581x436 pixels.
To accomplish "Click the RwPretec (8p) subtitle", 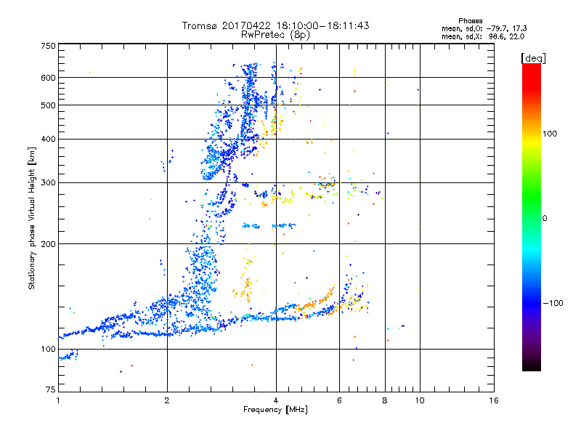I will pyautogui.click(x=276, y=35).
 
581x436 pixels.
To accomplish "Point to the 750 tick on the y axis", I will pyautogui.click(x=48, y=46).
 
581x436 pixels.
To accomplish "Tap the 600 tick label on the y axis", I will pyautogui.click(x=48, y=78).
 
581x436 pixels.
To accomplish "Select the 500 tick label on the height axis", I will pyautogui.click(x=48, y=105).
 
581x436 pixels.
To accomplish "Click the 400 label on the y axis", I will pyautogui.click(x=48, y=140).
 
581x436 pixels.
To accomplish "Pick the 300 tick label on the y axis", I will pyautogui.click(x=48, y=183).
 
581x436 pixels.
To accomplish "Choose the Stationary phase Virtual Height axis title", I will pyautogui.click(x=32, y=218).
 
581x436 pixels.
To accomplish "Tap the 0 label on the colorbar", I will pyautogui.click(x=545, y=218).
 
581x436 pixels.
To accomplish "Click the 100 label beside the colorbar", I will pyautogui.click(x=550, y=134).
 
